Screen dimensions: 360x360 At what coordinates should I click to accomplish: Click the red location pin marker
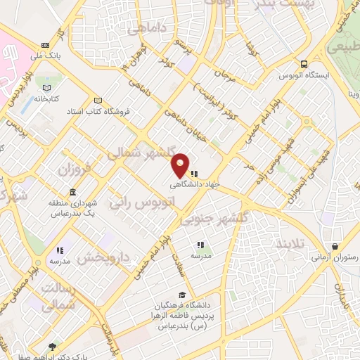[181, 165]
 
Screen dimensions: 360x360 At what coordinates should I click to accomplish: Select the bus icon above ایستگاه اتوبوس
[304, 64]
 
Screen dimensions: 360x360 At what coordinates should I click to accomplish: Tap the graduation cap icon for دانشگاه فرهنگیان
[182, 296]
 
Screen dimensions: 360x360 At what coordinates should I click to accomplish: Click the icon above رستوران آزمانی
[335, 247]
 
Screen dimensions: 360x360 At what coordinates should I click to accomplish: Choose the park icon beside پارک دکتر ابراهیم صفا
[52, 347]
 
